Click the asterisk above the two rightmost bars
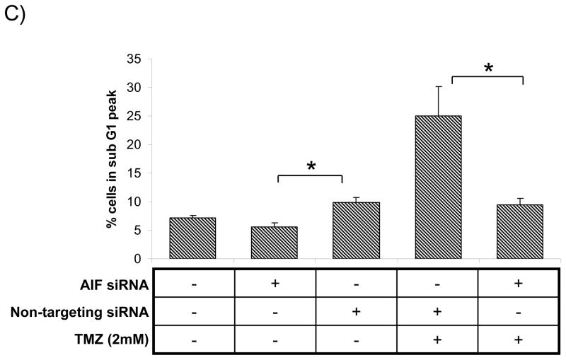[x=487, y=69]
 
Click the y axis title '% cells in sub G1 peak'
[x=111, y=158]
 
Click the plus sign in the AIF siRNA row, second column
[x=275, y=283]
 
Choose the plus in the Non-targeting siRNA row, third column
[x=357, y=311]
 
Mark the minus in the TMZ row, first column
[x=192, y=339]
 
